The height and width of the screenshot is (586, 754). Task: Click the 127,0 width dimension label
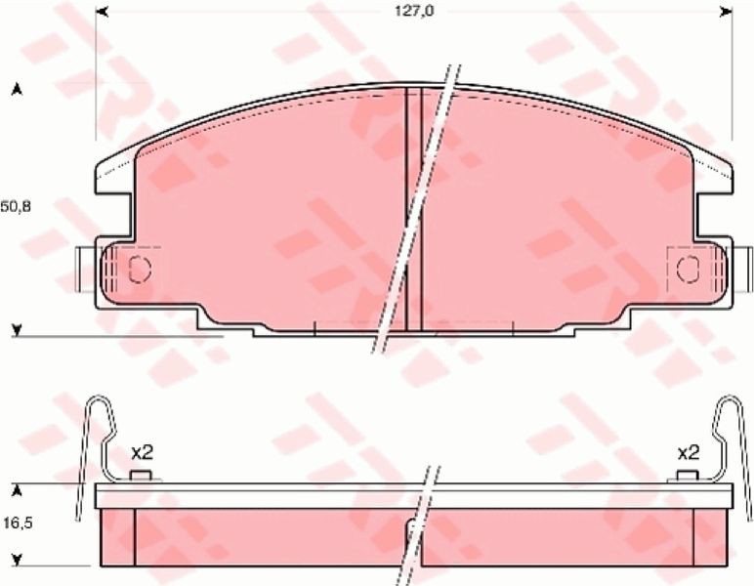pos(414,11)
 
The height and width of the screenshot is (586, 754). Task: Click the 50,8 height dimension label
pos(16,207)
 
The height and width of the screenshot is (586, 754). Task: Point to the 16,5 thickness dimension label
pos(18,523)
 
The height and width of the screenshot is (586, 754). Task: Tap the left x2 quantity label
pos(142,452)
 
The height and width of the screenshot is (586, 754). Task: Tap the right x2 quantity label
pos(689,452)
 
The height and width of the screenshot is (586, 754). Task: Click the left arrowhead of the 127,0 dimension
pos(102,12)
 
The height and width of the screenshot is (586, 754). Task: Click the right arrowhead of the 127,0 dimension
pos(726,12)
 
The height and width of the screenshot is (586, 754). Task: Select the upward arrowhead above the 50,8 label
pos(18,90)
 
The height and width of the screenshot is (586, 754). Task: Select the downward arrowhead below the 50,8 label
pos(18,330)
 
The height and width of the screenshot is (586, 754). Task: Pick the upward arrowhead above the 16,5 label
pos(18,490)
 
